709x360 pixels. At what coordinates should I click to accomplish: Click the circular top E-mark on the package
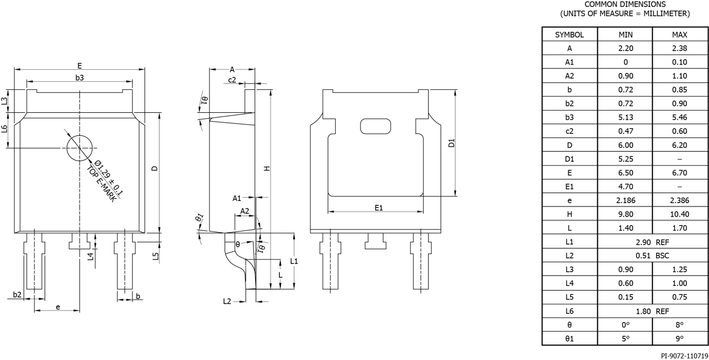click(79, 148)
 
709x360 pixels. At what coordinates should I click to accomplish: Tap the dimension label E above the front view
click(79, 66)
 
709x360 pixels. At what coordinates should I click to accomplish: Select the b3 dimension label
click(79, 78)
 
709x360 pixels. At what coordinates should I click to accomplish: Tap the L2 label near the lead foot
click(228, 302)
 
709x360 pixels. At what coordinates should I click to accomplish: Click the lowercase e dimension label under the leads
click(58, 307)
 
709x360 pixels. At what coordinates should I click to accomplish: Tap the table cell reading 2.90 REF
click(651, 242)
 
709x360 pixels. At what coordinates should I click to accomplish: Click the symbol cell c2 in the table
click(569, 131)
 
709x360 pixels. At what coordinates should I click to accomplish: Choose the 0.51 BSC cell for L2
click(651, 256)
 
